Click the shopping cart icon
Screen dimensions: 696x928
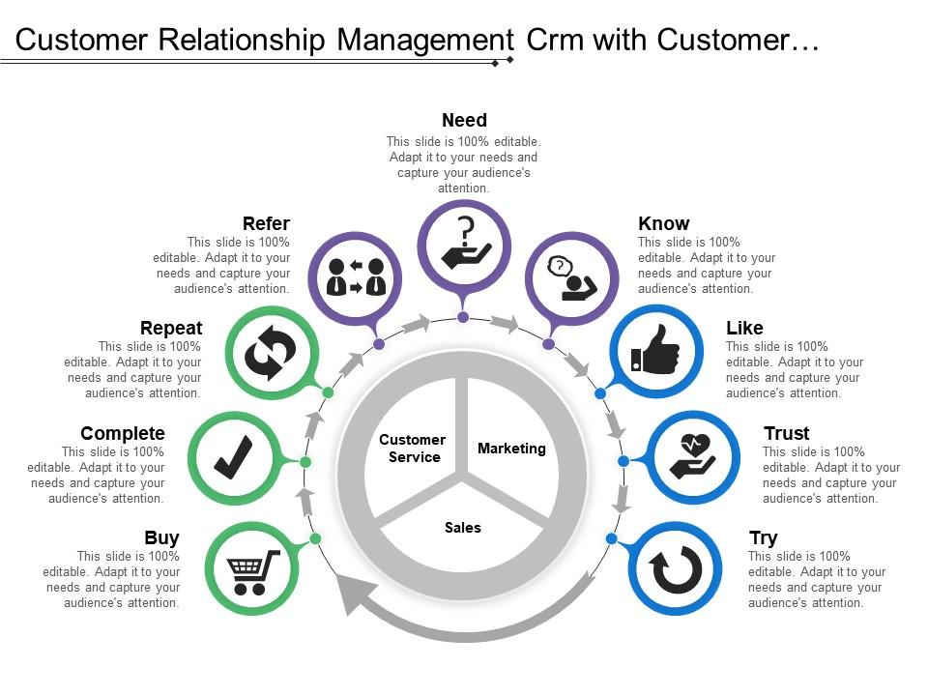[252, 570]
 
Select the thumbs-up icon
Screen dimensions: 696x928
[655, 350]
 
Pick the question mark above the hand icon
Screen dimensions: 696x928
[467, 230]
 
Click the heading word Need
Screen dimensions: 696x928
[464, 121]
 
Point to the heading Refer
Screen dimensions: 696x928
[266, 224]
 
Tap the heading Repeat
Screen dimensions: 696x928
[171, 329]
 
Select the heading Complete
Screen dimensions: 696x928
[123, 434]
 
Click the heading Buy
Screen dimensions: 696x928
[161, 538]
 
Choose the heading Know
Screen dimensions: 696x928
[664, 224]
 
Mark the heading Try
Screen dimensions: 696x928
[764, 538]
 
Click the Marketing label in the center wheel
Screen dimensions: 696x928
[511, 449]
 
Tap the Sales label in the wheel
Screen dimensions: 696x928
[463, 528]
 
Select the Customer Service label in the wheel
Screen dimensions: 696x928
[413, 449]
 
